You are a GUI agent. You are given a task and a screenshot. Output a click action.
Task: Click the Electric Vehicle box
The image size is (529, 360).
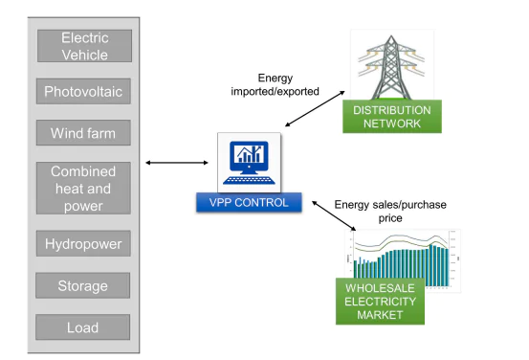tap(83, 47)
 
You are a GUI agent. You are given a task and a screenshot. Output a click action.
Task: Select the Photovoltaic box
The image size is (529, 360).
tap(83, 92)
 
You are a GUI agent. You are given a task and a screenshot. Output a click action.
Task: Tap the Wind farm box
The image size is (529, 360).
tap(83, 133)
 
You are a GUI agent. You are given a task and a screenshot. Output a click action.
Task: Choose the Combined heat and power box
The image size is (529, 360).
tap(83, 188)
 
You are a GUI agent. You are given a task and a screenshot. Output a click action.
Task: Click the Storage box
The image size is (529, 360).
tap(83, 285)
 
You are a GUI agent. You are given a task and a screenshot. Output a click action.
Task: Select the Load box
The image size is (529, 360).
tap(83, 327)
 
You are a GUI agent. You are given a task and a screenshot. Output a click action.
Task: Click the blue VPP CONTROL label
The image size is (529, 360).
tap(249, 202)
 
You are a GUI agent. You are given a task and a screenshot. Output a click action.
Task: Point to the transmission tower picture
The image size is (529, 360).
tap(392, 62)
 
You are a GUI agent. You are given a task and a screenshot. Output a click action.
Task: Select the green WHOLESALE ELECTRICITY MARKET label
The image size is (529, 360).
tap(380, 301)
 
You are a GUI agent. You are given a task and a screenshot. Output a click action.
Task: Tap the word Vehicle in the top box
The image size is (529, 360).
tap(83, 55)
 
